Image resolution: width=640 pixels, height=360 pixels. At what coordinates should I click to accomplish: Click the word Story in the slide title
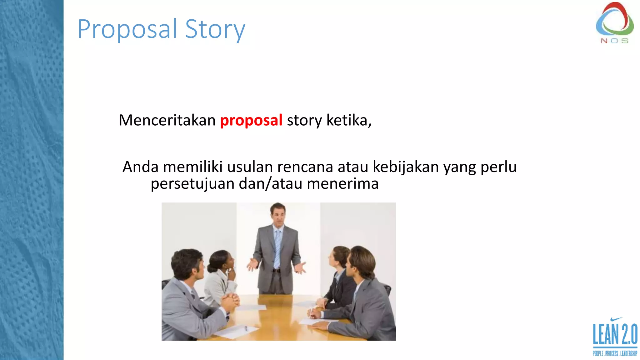click(x=215, y=29)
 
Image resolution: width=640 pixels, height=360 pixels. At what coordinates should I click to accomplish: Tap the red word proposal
click(x=251, y=121)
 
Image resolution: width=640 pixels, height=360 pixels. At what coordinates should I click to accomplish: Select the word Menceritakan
click(x=167, y=120)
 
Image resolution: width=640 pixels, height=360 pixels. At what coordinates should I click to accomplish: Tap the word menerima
click(x=342, y=184)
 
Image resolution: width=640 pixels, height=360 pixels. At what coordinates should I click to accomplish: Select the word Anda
click(x=140, y=167)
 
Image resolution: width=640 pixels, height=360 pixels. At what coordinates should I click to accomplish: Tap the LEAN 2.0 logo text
click(x=615, y=334)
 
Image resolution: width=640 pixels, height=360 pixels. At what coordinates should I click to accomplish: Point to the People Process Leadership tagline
click(x=615, y=353)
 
